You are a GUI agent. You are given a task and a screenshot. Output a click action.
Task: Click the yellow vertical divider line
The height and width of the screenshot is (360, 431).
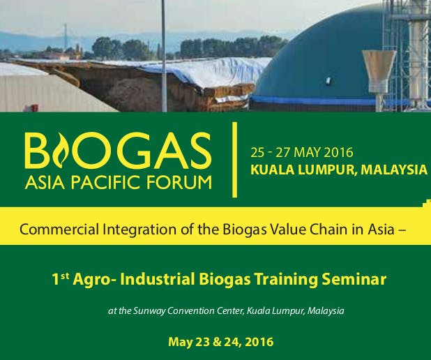click(234, 160)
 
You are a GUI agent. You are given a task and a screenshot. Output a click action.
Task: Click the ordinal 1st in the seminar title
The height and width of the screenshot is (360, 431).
click(61, 280)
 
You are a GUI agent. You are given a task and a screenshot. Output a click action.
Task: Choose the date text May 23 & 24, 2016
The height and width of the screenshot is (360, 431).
click(220, 342)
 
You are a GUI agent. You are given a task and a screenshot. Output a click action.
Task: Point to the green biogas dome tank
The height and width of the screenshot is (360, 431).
click(314, 56)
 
